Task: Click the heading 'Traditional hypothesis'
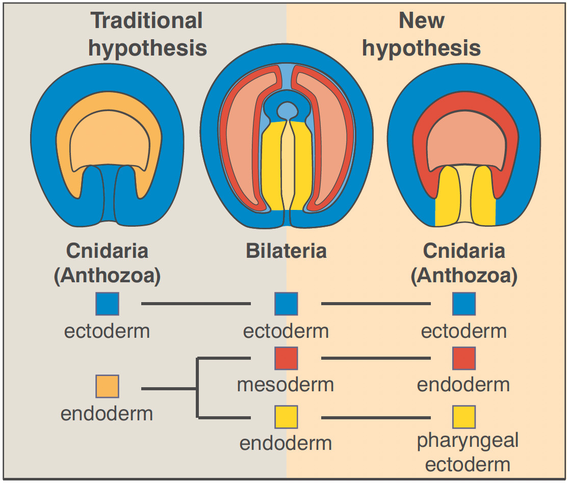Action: coord(147,35)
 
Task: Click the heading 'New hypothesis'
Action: coord(421,35)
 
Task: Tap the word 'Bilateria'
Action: coord(286,251)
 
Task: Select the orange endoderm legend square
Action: coord(107,386)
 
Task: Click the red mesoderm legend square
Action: coord(286,359)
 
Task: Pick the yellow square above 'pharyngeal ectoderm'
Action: coord(464,417)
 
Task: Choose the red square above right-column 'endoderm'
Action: coord(464,359)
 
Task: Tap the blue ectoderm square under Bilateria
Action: coord(286,304)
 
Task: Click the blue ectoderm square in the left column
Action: coord(107,304)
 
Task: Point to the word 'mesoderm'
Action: coord(286,385)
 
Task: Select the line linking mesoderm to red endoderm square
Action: coord(375,359)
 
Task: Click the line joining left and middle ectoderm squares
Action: coord(196,304)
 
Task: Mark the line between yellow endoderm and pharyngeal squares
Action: coord(375,418)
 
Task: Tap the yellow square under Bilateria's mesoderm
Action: coord(286,417)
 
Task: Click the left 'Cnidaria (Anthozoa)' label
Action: coord(107,263)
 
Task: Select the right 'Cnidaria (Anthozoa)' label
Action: coord(464,263)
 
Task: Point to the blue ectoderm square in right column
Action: coord(464,304)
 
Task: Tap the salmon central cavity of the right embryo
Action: coord(464,143)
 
